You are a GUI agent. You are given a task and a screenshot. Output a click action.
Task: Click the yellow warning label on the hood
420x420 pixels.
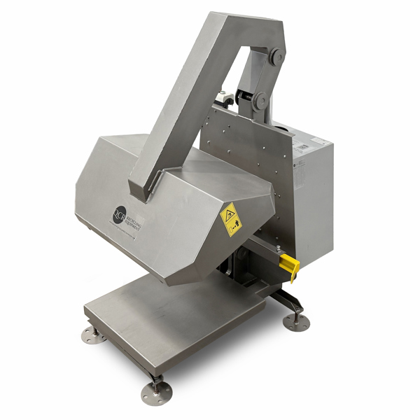point(230,219)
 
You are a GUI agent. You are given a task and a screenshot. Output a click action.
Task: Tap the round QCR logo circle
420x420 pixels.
point(120,214)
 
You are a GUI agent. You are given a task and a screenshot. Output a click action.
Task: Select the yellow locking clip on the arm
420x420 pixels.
point(289,266)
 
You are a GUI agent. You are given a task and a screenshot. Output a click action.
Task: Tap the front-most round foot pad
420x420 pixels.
point(156,393)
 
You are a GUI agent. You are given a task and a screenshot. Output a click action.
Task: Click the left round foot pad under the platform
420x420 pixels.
point(93,335)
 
